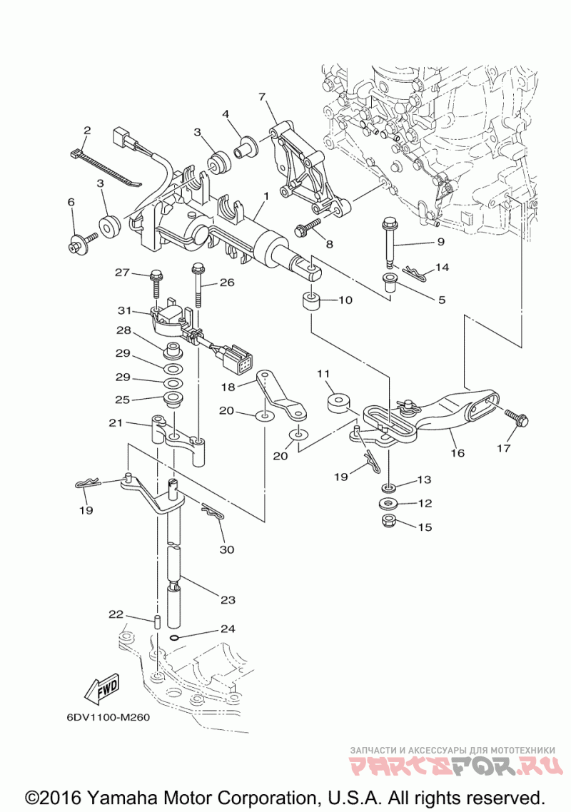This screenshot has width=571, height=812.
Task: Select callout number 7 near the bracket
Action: [262, 97]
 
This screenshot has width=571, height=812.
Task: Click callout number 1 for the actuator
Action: [265, 196]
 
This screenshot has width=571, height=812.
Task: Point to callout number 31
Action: [125, 310]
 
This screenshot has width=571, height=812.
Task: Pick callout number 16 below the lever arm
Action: [458, 452]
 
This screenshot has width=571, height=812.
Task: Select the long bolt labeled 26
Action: [198, 285]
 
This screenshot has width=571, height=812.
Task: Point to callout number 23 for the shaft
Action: [228, 599]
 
